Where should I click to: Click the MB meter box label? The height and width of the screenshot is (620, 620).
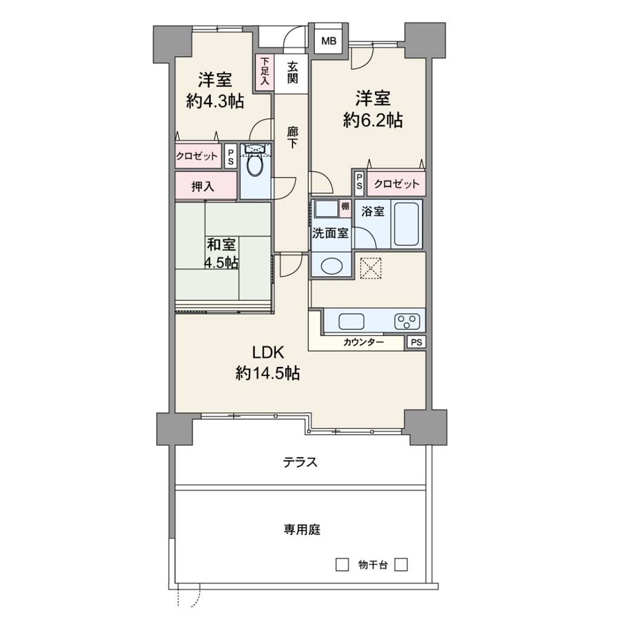(329, 41)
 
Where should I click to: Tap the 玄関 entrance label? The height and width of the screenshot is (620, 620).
(292, 73)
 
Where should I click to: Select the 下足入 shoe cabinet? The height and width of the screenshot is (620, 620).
(265, 73)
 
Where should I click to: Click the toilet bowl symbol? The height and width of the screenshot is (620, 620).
(255, 166)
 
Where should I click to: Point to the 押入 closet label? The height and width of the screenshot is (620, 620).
(202, 186)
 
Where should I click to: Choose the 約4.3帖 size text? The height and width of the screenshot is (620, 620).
(215, 101)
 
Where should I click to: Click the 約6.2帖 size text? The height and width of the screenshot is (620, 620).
(373, 119)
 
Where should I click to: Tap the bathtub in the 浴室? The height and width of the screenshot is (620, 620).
(406, 224)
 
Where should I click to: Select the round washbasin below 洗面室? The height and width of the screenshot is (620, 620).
(332, 266)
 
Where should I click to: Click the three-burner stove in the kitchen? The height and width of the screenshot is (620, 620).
(407, 322)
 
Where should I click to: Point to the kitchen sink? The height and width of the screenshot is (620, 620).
(351, 322)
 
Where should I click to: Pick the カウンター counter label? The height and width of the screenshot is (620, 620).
(363, 342)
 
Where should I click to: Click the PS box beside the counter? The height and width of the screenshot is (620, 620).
(416, 342)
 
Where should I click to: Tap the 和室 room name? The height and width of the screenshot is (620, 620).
(221, 245)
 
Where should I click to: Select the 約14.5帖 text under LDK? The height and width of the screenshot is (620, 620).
(268, 372)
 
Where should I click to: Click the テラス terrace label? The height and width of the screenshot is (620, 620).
(300, 462)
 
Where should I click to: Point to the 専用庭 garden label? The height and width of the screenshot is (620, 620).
(302, 529)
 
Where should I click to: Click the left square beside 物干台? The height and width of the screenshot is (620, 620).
(342, 565)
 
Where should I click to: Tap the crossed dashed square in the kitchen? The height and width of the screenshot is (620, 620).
(371, 268)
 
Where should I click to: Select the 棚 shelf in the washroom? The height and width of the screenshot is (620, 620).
(345, 208)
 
